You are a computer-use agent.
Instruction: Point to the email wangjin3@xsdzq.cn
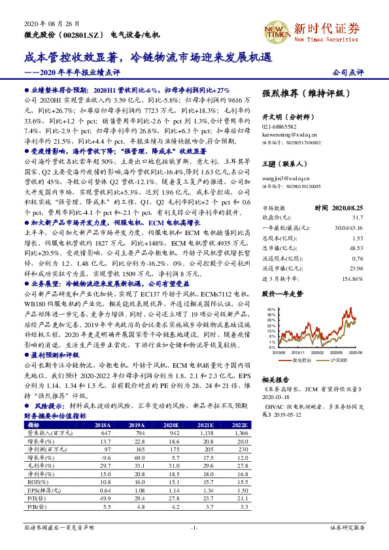(x=283, y=178)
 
